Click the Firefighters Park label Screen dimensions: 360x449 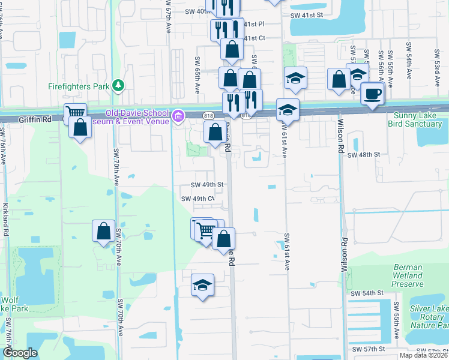(x=79, y=86)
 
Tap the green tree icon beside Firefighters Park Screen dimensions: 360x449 (x=119, y=85)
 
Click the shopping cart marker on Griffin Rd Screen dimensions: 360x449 (x=75, y=113)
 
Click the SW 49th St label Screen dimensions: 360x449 (x=207, y=185)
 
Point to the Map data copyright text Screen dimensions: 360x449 (x=424, y=355)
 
